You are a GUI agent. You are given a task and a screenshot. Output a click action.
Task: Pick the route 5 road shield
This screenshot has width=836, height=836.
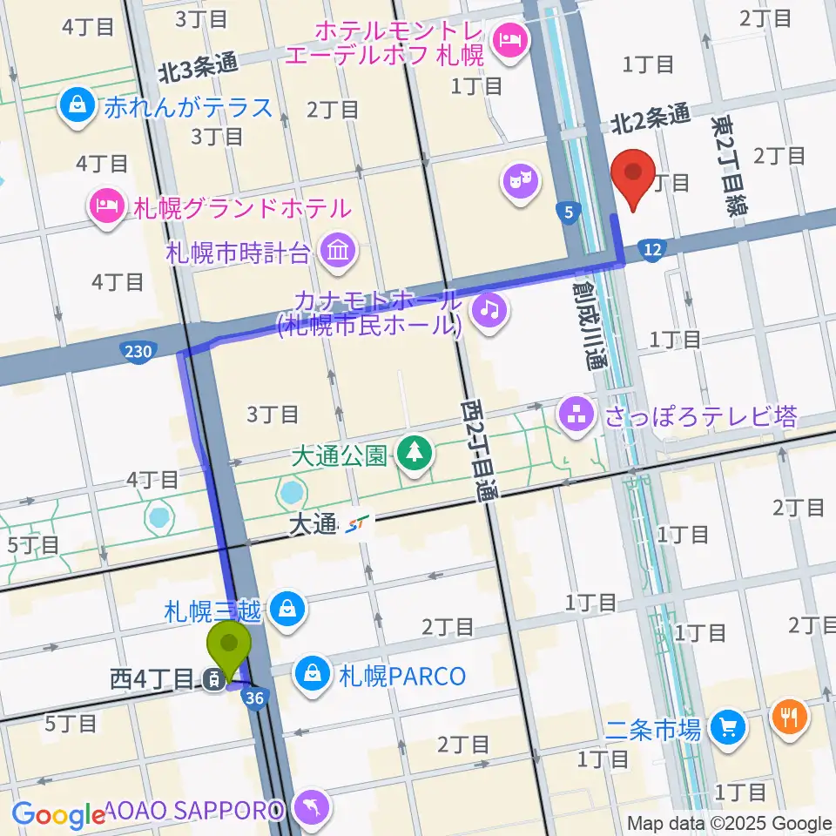coord(569,211)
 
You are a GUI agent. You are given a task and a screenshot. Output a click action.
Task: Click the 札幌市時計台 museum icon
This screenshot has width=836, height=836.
coord(335,253)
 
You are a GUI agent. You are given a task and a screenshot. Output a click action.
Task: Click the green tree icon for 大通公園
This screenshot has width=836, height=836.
coord(415,452)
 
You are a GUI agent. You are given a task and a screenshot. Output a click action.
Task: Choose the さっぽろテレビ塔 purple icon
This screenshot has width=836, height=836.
coord(576,415)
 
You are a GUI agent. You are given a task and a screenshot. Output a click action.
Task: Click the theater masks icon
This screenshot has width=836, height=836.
coord(521,182)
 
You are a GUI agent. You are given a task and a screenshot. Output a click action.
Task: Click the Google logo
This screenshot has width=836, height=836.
coord(58,815)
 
